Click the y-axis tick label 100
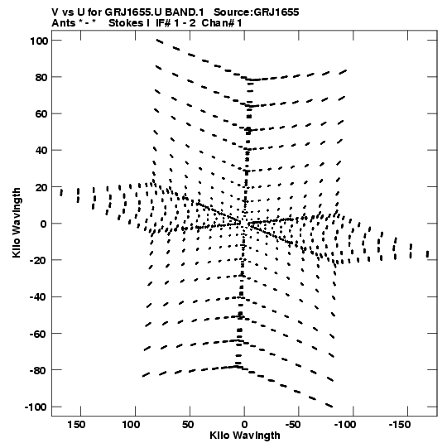39,41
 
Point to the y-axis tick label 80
41,78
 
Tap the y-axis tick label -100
36,407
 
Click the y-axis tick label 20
41,187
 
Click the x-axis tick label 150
76,425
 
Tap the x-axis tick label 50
188,425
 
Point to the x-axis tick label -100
345,425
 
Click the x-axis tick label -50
293,425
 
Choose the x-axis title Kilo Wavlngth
245,436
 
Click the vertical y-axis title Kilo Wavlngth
17,223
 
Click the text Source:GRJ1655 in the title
257,12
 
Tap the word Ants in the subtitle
63,23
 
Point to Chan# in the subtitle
218,23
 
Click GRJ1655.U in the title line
130,12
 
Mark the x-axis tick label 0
244,425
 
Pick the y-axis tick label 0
44,224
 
